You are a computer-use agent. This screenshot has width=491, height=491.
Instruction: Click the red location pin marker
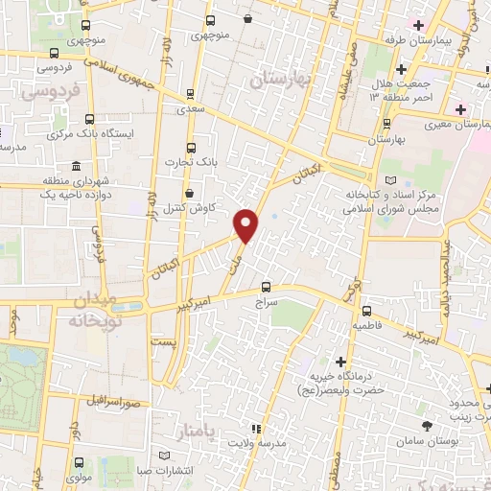(246, 224)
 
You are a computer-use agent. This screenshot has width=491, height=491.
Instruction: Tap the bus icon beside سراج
(267, 286)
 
